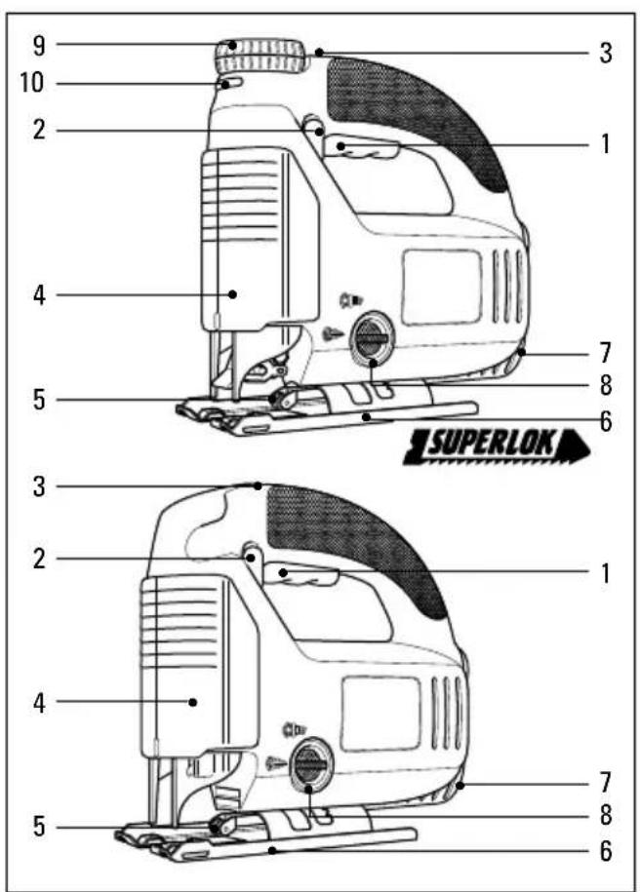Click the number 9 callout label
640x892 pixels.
pyautogui.click(x=38, y=46)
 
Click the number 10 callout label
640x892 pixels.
pyautogui.click(x=32, y=83)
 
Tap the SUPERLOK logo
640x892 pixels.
pyautogui.click(x=496, y=447)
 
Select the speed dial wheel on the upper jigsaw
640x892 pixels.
pyautogui.click(x=260, y=56)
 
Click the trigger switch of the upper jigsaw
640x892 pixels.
pyautogui.click(x=360, y=147)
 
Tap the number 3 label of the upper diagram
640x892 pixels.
pyautogui.click(x=605, y=53)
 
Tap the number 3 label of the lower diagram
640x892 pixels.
pyautogui.click(x=38, y=487)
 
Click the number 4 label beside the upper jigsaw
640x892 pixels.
pyautogui.click(x=38, y=295)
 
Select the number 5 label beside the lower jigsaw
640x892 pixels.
pyautogui.click(x=38, y=827)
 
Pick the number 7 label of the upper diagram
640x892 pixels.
pyautogui.click(x=605, y=353)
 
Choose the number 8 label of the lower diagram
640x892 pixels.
pyautogui.click(x=605, y=815)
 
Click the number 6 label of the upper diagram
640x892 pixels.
pyautogui.click(x=605, y=422)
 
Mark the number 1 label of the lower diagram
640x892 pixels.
pyautogui.click(x=605, y=573)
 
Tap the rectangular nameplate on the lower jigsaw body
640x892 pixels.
pyautogui.click(x=380, y=714)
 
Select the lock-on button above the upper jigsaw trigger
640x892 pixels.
pyautogui.click(x=313, y=125)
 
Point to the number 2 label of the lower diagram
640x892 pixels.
pyautogui.click(x=38, y=560)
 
